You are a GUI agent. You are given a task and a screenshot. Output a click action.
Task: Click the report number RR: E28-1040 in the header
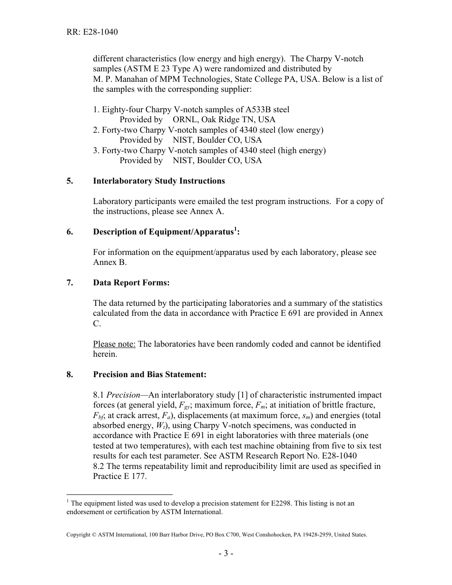[x=92, y=32]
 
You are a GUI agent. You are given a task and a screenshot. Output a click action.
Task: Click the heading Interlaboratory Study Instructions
[x=159, y=181]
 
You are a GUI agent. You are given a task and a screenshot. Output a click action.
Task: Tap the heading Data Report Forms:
[x=131, y=283]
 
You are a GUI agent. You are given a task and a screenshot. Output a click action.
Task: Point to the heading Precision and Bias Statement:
[x=150, y=374]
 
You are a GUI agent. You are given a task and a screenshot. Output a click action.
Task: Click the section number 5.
[x=69, y=181]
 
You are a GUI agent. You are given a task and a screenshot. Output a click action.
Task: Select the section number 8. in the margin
[x=69, y=374]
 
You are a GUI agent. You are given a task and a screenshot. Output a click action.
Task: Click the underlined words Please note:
[x=114, y=344]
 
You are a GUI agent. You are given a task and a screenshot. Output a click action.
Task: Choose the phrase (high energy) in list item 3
[x=303, y=150]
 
